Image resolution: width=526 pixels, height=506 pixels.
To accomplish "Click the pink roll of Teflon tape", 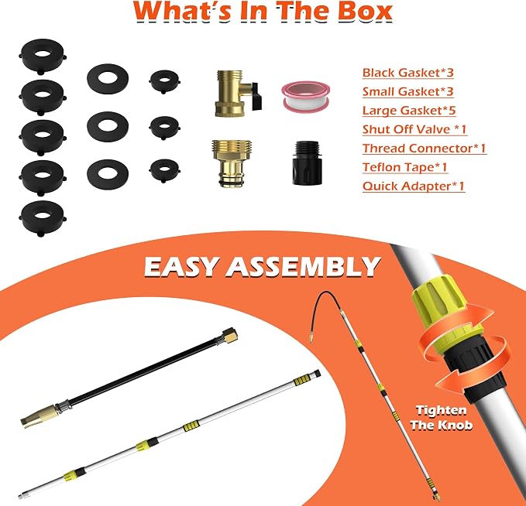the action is click(305, 97).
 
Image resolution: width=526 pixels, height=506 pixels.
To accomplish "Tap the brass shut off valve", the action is click(235, 94).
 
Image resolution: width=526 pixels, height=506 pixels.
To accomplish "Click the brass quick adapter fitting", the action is click(232, 163).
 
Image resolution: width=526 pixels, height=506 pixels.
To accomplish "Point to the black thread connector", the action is click(308, 162).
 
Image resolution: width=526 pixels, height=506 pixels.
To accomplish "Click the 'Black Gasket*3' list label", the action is click(408, 73).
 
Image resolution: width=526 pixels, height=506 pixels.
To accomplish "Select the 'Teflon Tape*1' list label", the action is click(405, 167).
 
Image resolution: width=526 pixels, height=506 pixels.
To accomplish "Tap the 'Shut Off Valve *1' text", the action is click(414, 129).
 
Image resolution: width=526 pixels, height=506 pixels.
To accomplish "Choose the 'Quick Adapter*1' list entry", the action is click(414, 186).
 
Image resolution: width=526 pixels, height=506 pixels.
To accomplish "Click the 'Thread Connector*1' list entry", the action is click(425, 149).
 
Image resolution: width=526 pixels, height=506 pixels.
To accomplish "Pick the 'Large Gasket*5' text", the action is click(409, 111).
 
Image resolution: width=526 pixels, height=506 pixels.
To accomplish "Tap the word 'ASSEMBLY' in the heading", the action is click(304, 267).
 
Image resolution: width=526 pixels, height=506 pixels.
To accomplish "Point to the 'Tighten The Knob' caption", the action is click(441, 418).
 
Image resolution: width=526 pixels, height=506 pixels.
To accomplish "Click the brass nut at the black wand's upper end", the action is click(230, 336).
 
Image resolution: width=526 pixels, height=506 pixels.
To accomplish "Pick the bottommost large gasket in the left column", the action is click(43, 218).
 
